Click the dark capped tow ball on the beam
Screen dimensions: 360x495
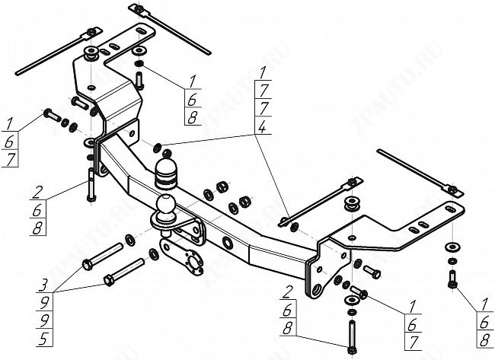click(x=167, y=174)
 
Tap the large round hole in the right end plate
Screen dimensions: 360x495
click(x=314, y=290)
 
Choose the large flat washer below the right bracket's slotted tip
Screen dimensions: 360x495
click(x=452, y=245)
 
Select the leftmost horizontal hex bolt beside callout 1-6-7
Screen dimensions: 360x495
click(x=49, y=115)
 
